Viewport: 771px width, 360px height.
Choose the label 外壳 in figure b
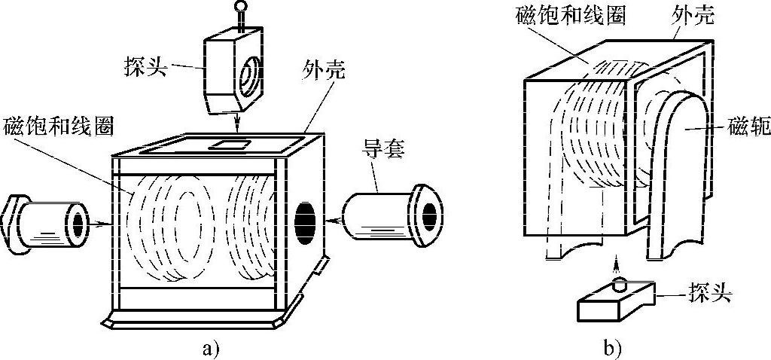click(694, 16)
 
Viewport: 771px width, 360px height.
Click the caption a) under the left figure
click(212, 348)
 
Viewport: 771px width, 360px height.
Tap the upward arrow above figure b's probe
click(616, 264)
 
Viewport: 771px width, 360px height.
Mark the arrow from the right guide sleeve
click(334, 221)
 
